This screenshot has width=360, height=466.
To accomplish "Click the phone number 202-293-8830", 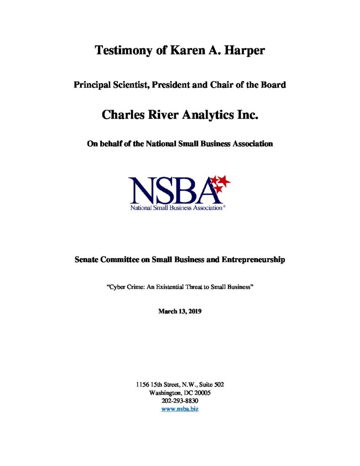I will pyautogui.click(x=180, y=401).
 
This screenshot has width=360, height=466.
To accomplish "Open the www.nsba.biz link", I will pyautogui.click(x=180, y=409).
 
